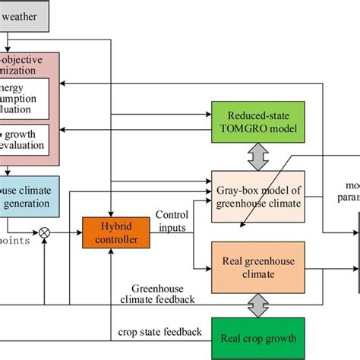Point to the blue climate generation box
pyautogui.click(x=29, y=195)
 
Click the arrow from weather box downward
pyautogui.click(x=5, y=41)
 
